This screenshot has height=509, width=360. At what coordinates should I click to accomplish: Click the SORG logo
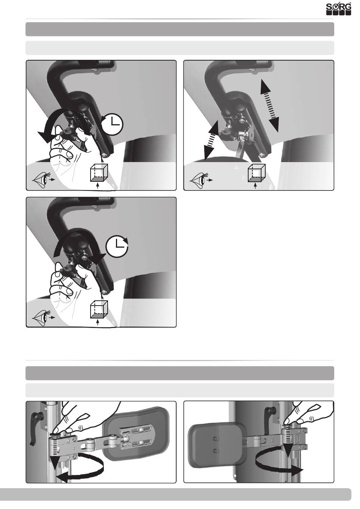339,9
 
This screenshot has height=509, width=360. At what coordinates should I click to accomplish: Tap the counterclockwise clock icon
112,124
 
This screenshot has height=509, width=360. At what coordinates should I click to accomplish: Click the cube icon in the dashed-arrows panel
257,176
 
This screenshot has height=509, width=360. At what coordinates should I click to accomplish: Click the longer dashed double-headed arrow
269,106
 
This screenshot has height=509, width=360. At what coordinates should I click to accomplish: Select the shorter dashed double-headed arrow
211,141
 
